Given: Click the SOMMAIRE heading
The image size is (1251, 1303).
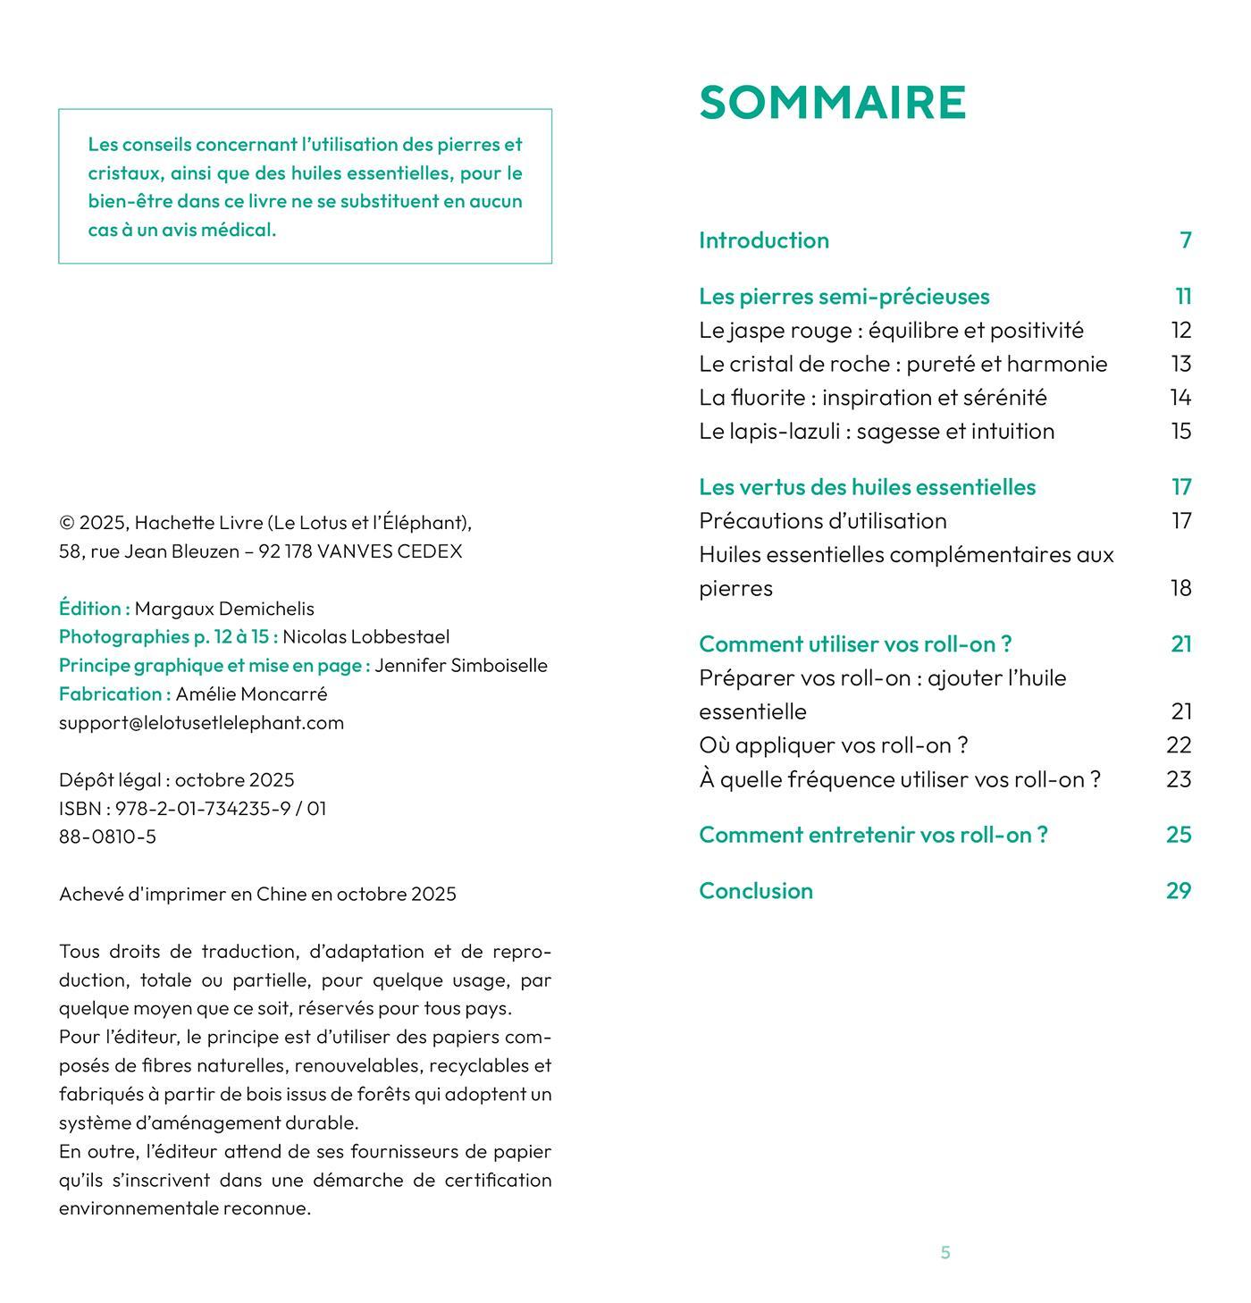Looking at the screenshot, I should pos(832,102).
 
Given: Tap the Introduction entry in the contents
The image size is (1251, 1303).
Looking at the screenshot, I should pos(764,240).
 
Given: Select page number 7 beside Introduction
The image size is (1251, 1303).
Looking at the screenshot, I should pos(1185,240).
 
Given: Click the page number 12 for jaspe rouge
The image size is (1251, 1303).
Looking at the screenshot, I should pos(1181,331).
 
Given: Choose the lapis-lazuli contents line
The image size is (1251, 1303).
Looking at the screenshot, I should pos(877,432).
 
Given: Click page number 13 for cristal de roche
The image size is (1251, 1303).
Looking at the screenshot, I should pos(1181,364).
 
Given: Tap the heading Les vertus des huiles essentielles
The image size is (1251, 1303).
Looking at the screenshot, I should pos(867,487).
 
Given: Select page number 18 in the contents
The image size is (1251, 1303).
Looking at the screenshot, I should pos(1181,588).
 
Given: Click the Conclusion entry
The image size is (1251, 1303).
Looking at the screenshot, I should pos(756,891).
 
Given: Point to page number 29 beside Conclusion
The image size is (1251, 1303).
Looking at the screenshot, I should pos(1179,891).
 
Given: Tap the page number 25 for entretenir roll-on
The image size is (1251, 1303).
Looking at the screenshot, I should pos(1179,835).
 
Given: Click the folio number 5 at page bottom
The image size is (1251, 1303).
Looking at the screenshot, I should pos(945,1253).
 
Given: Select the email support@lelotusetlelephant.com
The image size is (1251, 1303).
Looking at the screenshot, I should pos(201,723).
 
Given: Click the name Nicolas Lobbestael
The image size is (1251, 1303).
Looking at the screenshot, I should pos(365,637).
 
